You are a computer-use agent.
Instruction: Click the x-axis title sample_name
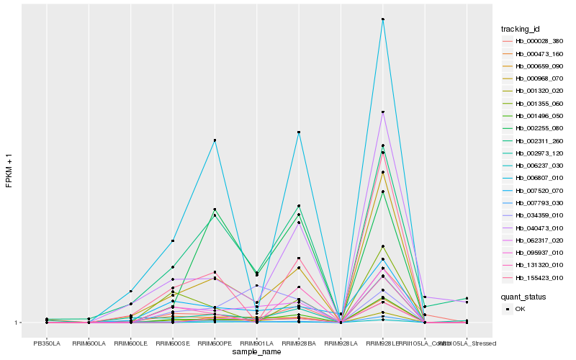256,352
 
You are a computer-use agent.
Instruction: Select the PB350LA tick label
47,343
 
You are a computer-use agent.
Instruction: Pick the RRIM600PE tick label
215,343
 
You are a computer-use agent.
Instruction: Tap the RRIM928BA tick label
299,343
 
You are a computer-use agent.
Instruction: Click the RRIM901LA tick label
256,343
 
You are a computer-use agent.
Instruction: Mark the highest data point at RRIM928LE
382,19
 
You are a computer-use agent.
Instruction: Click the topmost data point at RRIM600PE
215,140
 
